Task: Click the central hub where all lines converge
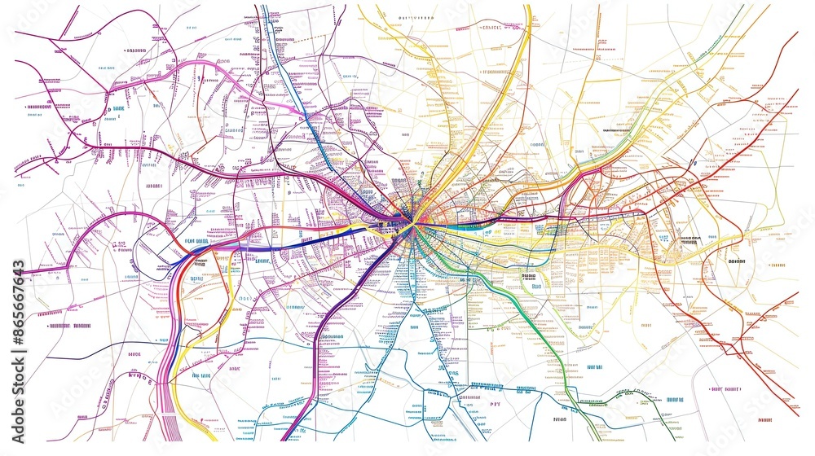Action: [x=413, y=221]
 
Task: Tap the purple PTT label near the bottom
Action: [x=495, y=403]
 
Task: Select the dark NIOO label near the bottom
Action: [x=559, y=420]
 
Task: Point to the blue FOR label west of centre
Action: [x=196, y=241]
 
